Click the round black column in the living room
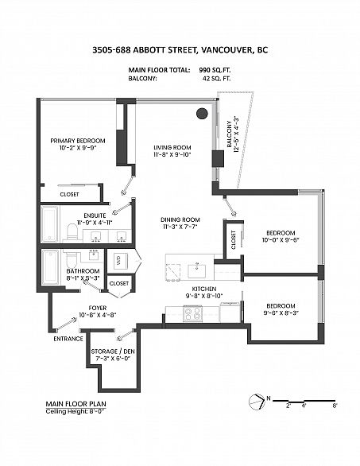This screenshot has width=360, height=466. pyautogui.click(x=203, y=113)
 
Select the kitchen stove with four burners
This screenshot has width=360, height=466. pyautogui.click(x=192, y=313)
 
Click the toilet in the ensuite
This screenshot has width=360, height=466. pyautogui.click(x=72, y=231)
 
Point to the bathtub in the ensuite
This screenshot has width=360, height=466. pyautogui.click(x=50, y=224)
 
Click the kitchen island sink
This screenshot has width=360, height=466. pyautogui.click(x=196, y=270)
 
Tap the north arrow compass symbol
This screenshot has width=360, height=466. pyautogui.click(x=257, y=402)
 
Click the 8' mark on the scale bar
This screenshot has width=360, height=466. pyautogui.click(x=335, y=406)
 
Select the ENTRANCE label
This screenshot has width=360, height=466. pyautogui.click(x=68, y=339)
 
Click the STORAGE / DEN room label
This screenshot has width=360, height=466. pyautogui.click(x=113, y=351)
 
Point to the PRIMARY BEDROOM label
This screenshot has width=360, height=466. pyautogui.click(x=78, y=141)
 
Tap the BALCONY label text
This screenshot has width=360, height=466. pyautogui.click(x=230, y=134)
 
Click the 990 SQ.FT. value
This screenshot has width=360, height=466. pyautogui.click(x=215, y=70)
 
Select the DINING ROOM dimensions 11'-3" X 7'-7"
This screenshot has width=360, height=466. pyautogui.click(x=179, y=227)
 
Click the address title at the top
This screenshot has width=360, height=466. pyautogui.click(x=180, y=49)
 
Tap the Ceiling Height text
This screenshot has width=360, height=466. pyautogui.click(x=75, y=412)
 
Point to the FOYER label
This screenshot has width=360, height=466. pyautogui.click(x=98, y=308)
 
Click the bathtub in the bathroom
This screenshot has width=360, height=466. pyautogui.click(x=51, y=267)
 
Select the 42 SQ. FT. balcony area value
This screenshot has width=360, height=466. pyautogui.click(x=216, y=79)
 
